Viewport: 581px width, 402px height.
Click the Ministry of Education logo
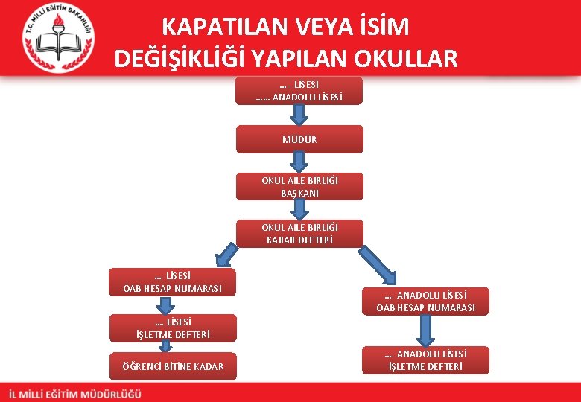pyautogui.click(x=57, y=36)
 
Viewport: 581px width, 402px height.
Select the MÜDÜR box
pyautogui.click(x=299, y=139)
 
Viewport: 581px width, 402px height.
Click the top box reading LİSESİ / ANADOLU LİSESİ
pyautogui.click(x=299, y=90)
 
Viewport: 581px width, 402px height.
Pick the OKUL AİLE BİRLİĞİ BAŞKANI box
pyautogui.click(x=299, y=186)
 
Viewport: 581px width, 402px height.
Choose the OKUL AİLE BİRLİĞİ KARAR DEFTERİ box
pyautogui.click(x=299, y=233)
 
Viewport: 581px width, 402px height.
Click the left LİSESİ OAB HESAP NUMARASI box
pyautogui.click(x=172, y=282)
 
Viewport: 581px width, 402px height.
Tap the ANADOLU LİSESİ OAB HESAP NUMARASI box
pyautogui.click(x=425, y=301)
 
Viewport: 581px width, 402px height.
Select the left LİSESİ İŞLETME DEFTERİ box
pyautogui.click(x=172, y=328)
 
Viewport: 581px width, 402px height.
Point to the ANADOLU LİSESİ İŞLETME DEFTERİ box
pyautogui.click(x=425, y=360)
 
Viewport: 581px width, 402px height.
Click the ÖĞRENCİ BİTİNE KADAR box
pyautogui.click(x=172, y=366)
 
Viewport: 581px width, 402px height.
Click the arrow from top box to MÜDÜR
pyautogui.click(x=299, y=115)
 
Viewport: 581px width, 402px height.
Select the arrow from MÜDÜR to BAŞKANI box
pyautogui.click(x=299, y=162)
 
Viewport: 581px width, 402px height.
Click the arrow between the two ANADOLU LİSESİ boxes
pyautogui.click(x=425, y=331)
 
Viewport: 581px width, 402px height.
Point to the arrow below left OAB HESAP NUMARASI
pyautogui.click(x=172, y=305)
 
